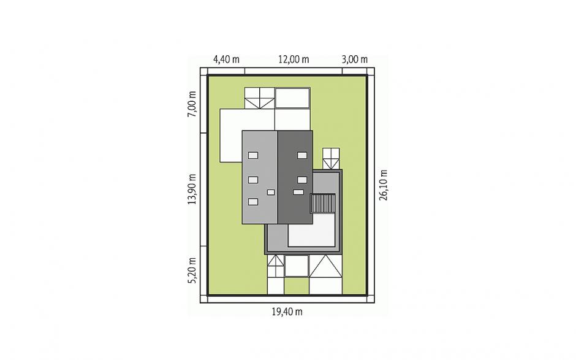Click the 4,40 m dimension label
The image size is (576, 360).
[x=226, y=59]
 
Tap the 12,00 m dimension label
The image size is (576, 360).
[x=294, y=59]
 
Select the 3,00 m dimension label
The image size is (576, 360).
[x=355, y=59]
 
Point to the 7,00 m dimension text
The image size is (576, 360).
[x=192, y=104]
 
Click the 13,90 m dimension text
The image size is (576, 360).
[x=192, y=189]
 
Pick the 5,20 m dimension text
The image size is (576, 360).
[x=192, y=270]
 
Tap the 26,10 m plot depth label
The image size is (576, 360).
[x=384, y=185]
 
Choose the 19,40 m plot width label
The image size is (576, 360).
[x=287, y=312]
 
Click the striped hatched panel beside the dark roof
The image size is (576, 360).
[x=323, y=204]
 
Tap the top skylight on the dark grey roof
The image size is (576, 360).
[x=302, y=155]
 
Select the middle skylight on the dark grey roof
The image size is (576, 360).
[x=302, y=180]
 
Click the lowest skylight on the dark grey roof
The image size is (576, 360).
[x=298, y=192]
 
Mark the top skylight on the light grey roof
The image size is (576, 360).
[x=253, y=155]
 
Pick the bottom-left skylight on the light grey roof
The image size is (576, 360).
[x=253, y=202]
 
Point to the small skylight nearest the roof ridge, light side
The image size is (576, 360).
[x=271, y=193]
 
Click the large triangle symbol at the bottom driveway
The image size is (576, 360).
[x=326, y=266]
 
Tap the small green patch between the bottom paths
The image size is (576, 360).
[x=297, y=286]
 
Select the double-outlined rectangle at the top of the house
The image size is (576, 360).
[x=292, y=98]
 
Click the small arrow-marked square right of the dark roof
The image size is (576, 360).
[x=331, y=158]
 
